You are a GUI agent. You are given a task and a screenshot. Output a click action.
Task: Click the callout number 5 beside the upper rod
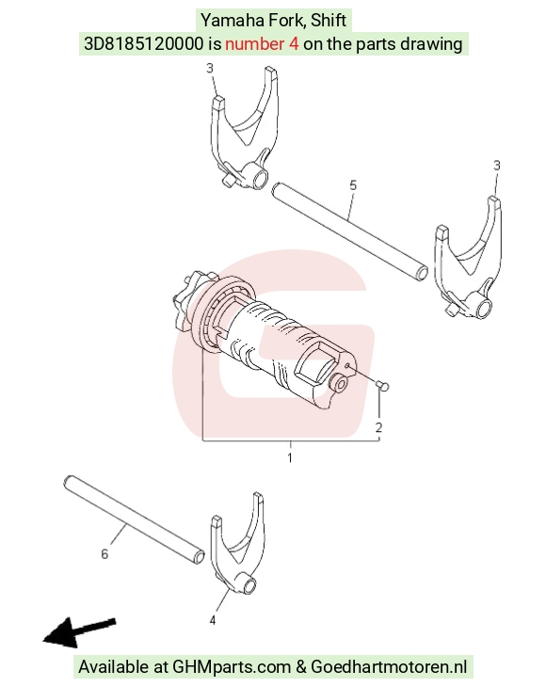point(353,185)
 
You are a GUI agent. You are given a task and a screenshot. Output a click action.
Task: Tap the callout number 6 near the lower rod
point(104,554)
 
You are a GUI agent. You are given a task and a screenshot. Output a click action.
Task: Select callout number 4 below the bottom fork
point(213,620)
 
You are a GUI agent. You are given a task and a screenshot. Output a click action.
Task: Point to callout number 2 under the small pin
point(378,427)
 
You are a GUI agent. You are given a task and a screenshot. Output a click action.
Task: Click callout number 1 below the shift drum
point(290,458)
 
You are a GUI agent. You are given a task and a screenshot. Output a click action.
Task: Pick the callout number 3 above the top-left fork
point(210,69)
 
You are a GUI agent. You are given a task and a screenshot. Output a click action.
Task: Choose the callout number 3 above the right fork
point(496,166)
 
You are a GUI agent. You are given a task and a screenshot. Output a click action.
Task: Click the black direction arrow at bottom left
point(79,632)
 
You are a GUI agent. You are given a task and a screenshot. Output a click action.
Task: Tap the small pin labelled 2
point(382,386)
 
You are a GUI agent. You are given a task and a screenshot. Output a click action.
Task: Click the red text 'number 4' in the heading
point(262,44)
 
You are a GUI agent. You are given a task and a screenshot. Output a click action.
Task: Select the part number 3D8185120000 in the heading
point(143,44)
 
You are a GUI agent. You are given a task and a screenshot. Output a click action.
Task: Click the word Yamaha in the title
point(227,20)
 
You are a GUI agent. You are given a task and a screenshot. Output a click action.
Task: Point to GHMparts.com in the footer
point(232,667)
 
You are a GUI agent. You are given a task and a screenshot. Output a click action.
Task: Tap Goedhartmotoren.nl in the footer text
point(389,667)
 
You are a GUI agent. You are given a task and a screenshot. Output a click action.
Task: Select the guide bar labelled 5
point(349,232)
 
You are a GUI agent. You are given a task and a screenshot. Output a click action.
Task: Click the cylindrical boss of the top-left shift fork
point(255,178)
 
